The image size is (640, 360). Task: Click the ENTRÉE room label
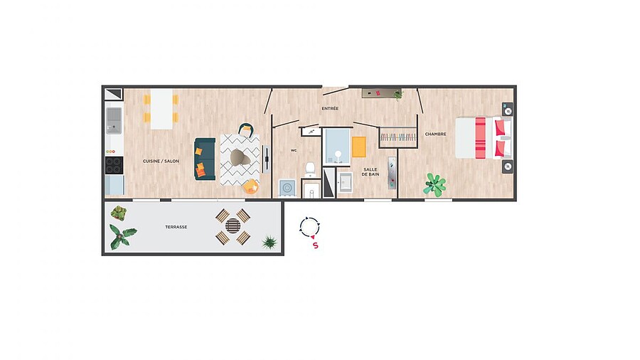pyautogui.click(x=330, y=109)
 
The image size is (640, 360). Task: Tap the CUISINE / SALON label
pyautogui.click(x=161, y=162)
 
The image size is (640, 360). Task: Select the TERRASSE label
pyautogui.click(x=176, y=227)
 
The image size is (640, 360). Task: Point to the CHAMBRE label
pyautogui.click(x=435, y=134)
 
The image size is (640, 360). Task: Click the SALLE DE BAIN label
pyautogui.click(x=370, y=172)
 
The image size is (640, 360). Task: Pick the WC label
pyautogui.click(x=294, y=151)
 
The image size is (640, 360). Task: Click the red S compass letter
pyautogui.click(x=315, y=245)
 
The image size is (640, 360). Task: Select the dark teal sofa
pyautogui.click(x=205, y=159)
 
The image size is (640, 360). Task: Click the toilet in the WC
pyautogui.click(x=310, y=169)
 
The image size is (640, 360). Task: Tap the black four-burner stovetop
pyautogui.click(x=114, y=165)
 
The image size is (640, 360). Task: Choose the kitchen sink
pyautogui.click(x=114, y=120)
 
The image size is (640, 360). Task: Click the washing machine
pyautogui.click(x=287, y=188)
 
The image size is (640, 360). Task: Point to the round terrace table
pyautogui.click(x=233, y=226)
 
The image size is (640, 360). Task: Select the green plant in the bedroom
pyautogui.click(x=434, y=184)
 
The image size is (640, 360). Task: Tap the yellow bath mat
pyautogui.click(x=359, y=147)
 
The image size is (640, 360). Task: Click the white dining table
pyautogui.click(x=161, y=109)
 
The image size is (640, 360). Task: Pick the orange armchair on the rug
pyautogui.click(x=250, y=186)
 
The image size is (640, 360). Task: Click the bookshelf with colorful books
pyautogui.click(x=398, y=137)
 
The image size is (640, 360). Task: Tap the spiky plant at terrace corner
pyautogui.click(x=270, y=242)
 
